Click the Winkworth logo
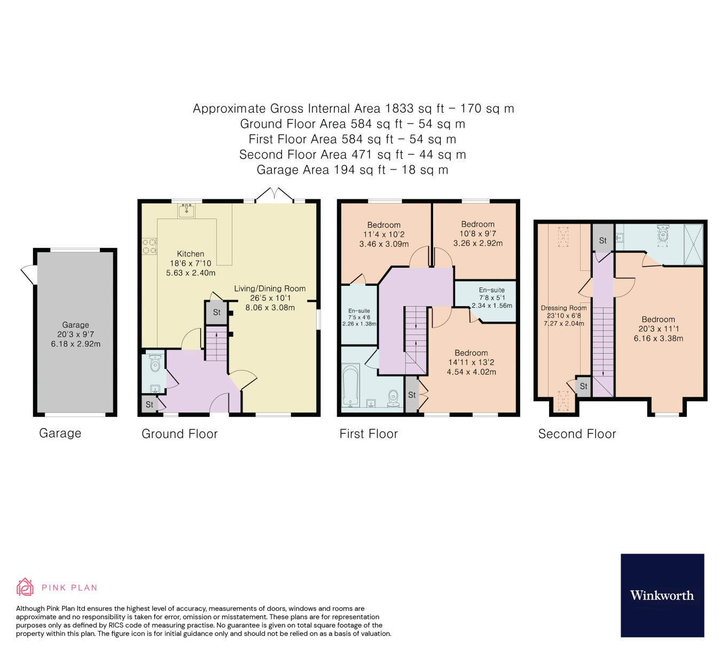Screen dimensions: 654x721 (x=662, y=595)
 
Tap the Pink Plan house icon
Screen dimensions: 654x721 (x=25, y=587)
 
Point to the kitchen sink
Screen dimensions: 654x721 (x=186, y=210)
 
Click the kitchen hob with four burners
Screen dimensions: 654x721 (x=149, y=246)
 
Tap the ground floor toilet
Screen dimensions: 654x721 (x=155, y=363)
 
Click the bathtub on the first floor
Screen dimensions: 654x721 (x=350, y=385)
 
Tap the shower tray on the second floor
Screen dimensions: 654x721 (x=693, y=244)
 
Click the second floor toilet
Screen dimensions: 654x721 (x=663, y=233)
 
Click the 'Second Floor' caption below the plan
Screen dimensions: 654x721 (x=577, y=434)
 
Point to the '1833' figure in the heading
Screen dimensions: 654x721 (x=399, y=108)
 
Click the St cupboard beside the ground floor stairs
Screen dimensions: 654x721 (x=216, y=313)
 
